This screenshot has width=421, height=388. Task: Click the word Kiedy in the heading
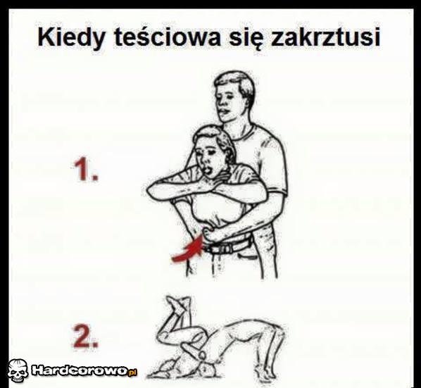tap(71, 37)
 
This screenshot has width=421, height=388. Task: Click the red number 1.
tap(86, 169)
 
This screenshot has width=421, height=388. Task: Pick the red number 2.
tap(85, 336)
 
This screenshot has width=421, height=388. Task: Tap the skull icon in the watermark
tap(18, 370)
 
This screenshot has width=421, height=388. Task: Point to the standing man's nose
tap(222, 103)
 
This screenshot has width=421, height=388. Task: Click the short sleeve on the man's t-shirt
tap(274, 172)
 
